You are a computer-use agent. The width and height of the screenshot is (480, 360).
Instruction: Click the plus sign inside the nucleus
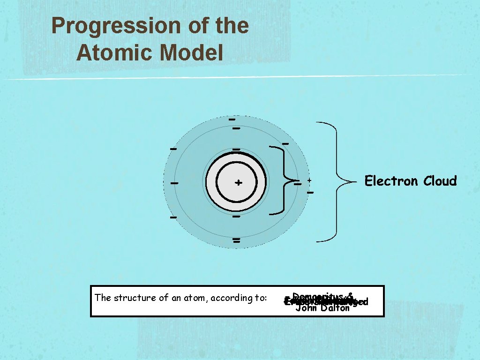tap(239, 182)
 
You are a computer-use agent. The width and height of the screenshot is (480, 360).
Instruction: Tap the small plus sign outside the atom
tap(309, 180)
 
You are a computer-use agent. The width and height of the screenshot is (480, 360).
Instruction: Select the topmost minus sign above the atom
tap(232, 120)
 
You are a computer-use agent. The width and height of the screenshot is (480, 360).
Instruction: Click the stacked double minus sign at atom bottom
tap(236, 241)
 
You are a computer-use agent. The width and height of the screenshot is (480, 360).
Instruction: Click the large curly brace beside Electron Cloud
tap(335, 182)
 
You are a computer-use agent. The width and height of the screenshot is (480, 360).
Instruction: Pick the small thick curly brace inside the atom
tap(282, 180)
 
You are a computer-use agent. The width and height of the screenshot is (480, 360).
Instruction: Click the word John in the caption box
tap(307, 308)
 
